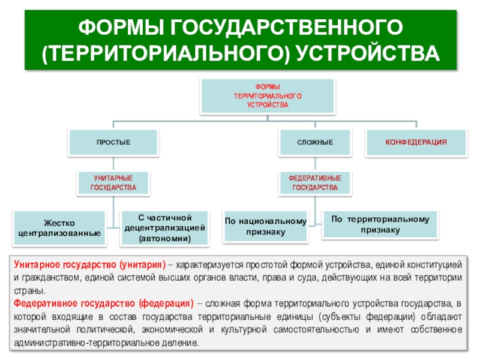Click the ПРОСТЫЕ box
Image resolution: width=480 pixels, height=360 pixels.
point(114,141)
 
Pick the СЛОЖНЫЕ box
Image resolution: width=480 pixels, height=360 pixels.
point(315,141)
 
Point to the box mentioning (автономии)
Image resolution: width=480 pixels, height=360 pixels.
point(165,228)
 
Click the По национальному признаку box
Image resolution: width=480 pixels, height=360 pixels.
point(265,226)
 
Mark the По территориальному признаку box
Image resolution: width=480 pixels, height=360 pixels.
point(380,224)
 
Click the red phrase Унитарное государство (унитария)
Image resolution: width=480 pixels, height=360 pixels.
point(89,265)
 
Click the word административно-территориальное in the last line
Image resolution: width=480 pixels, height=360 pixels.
point(80,343)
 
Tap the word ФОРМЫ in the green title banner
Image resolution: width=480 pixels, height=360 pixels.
point(121,26)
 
